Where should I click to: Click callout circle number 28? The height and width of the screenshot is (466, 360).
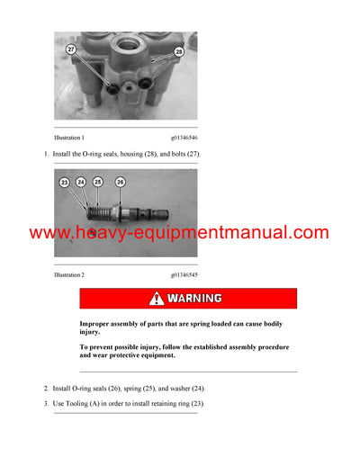[179, 52]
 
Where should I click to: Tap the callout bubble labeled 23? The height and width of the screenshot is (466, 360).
[64, 183]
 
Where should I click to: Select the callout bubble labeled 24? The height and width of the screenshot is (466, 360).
[80, 183]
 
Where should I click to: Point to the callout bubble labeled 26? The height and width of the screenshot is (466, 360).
[120, 183]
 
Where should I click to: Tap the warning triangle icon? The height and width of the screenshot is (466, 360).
[157, 299]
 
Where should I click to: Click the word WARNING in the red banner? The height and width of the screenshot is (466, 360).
[194, 299]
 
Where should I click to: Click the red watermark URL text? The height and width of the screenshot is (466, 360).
[179, 233]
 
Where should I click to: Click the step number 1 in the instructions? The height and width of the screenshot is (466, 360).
[46, 155]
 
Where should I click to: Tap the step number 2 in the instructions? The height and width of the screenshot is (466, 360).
[46, 389]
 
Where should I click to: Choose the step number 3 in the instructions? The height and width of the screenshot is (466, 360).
[46, 404]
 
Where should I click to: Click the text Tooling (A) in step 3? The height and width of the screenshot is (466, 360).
[90, 404]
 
